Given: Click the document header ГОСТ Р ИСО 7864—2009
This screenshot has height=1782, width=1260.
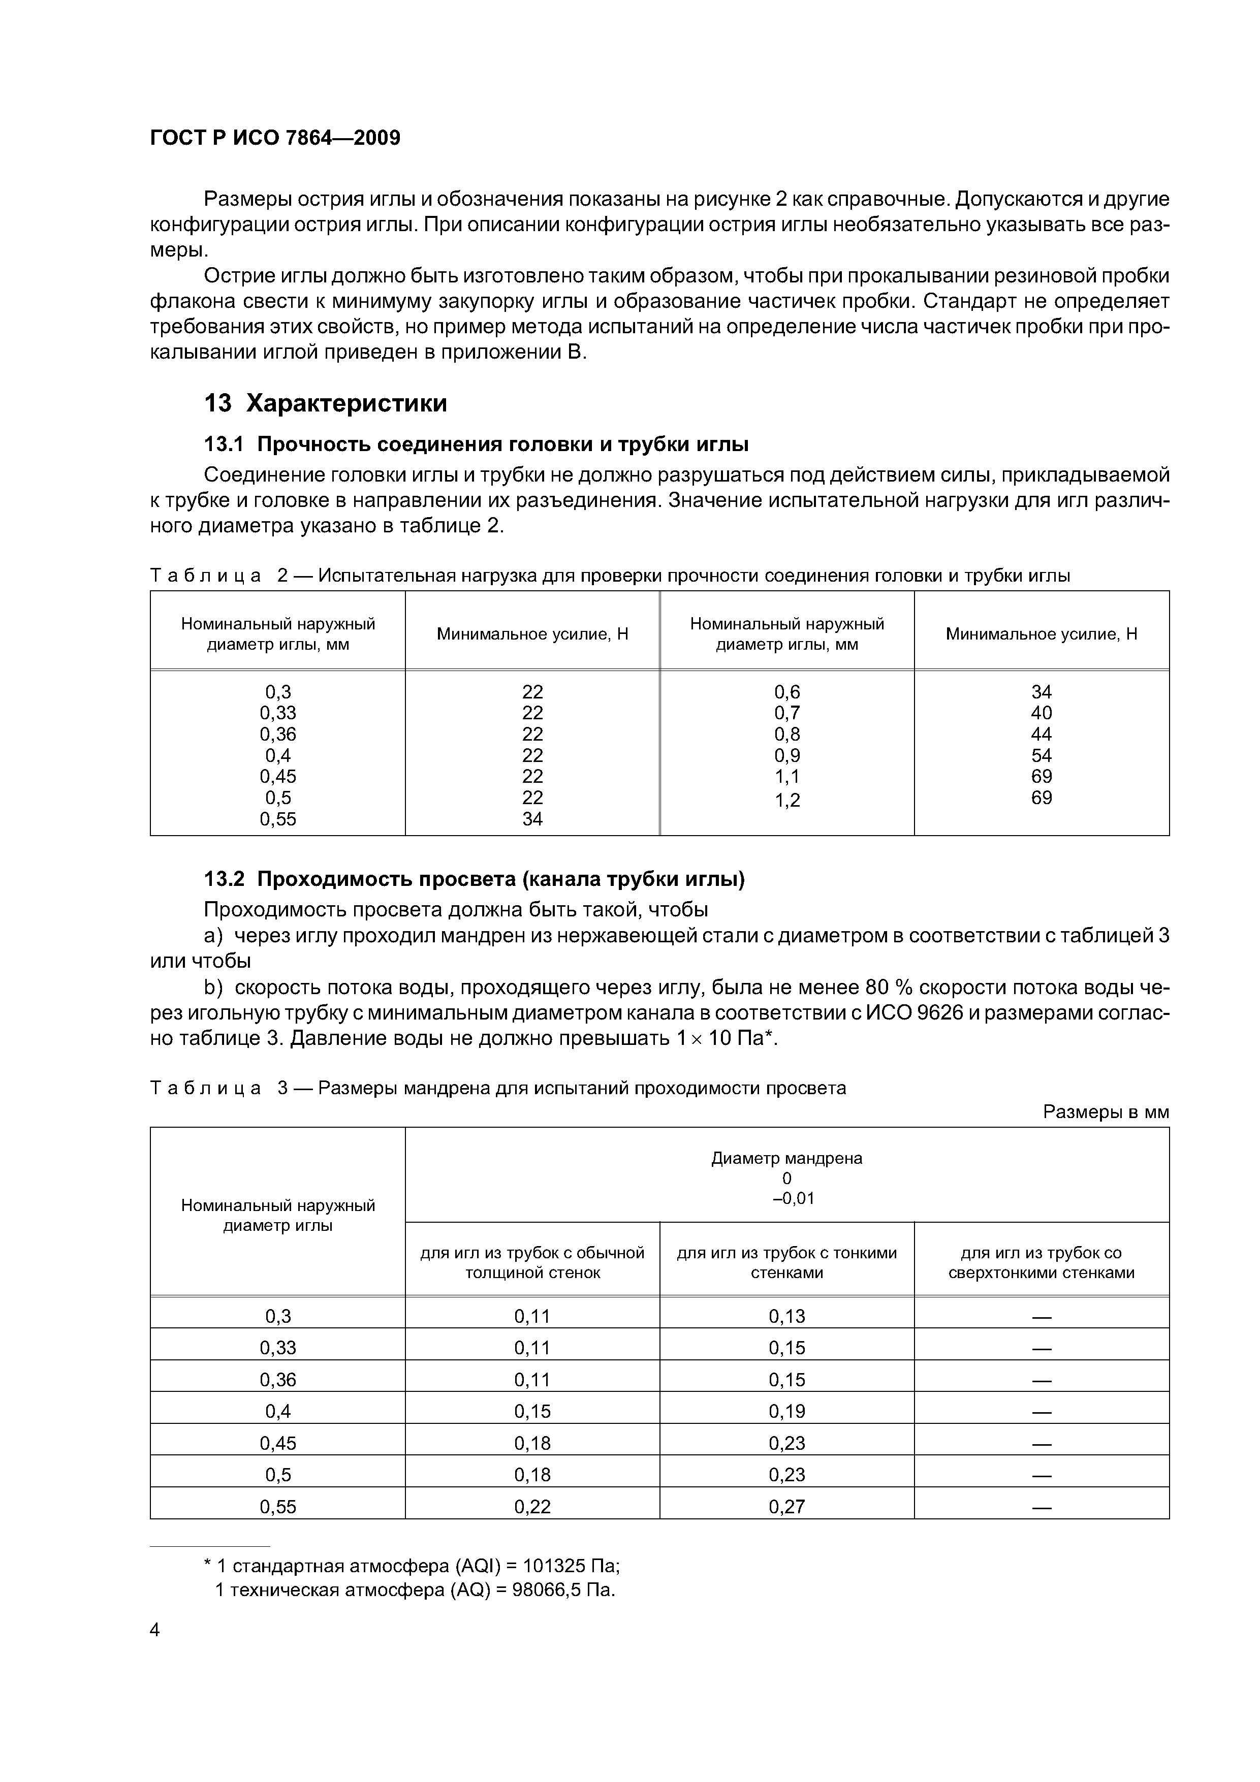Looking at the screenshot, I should pyautogui.click(x=275, y=138).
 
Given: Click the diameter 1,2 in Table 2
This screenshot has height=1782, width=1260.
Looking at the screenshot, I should pyautogui.click(x=786, y=800).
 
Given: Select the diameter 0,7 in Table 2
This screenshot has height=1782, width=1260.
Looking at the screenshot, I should pyautogui.click(x=786, y=713).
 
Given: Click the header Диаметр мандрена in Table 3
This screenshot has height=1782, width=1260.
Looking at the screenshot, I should pyautogui.click(x=786, y=1158).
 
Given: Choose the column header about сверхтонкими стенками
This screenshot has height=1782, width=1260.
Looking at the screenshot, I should pyautogui.click(x=1041, y=1263).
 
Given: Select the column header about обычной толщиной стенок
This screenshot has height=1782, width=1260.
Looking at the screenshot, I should pyautogui.click(x=532, y=1263).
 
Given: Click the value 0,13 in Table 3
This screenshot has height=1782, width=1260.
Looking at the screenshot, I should pyautogui.click(x=786, y=1316).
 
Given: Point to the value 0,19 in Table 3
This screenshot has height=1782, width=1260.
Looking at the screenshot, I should pyautogui.click(x=786, y=1411).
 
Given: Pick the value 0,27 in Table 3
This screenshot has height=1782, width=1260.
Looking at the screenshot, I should pyautogui.click(x=786, y=1507).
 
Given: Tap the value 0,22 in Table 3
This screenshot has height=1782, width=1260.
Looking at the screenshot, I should pyautogui.click(x=532, y=1507).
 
